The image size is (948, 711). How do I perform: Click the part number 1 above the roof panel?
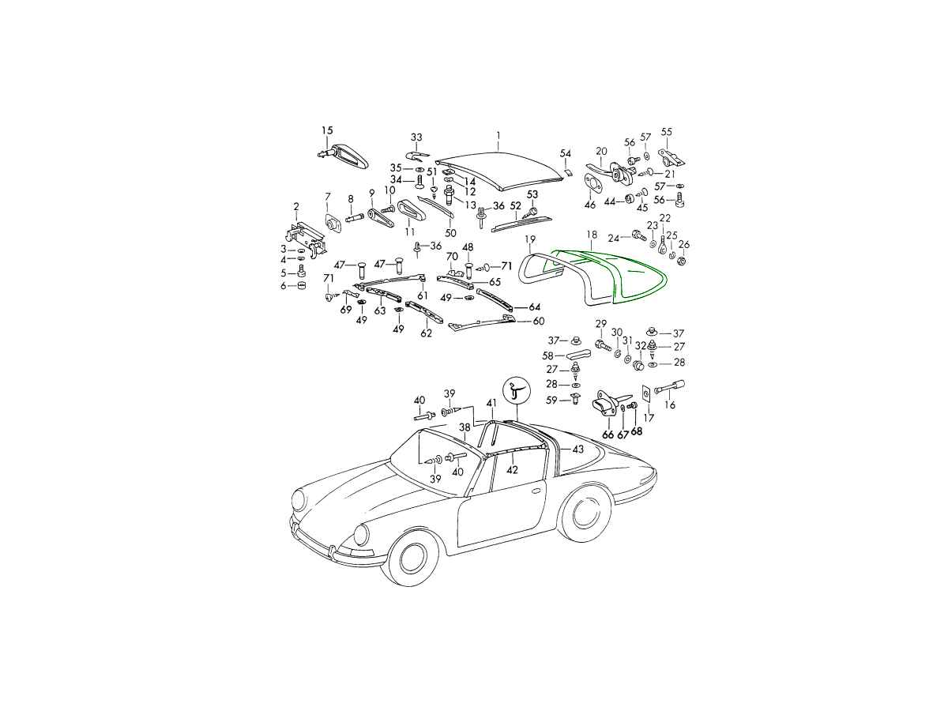coord(498,136)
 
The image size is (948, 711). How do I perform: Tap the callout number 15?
coord(327,130)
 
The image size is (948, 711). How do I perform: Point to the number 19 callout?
coord(530,239)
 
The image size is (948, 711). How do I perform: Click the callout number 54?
coord(566,153)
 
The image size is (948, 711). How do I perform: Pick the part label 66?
coord(608,434)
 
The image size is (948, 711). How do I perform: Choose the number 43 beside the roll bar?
coord(577,449)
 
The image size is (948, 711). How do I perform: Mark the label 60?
coord(539,321)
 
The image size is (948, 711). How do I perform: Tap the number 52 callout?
coord(516,206)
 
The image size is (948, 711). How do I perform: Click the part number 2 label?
coord(295,207)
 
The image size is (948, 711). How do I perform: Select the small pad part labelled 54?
coord(567,172)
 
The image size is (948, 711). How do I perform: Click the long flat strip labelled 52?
coord(521,224)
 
